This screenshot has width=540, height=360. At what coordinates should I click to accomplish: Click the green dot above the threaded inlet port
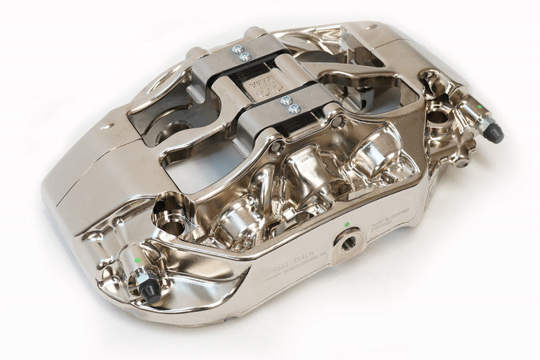click(x=346, y=224)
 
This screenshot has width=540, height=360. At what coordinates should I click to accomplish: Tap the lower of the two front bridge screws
click(x=291, y=107)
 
